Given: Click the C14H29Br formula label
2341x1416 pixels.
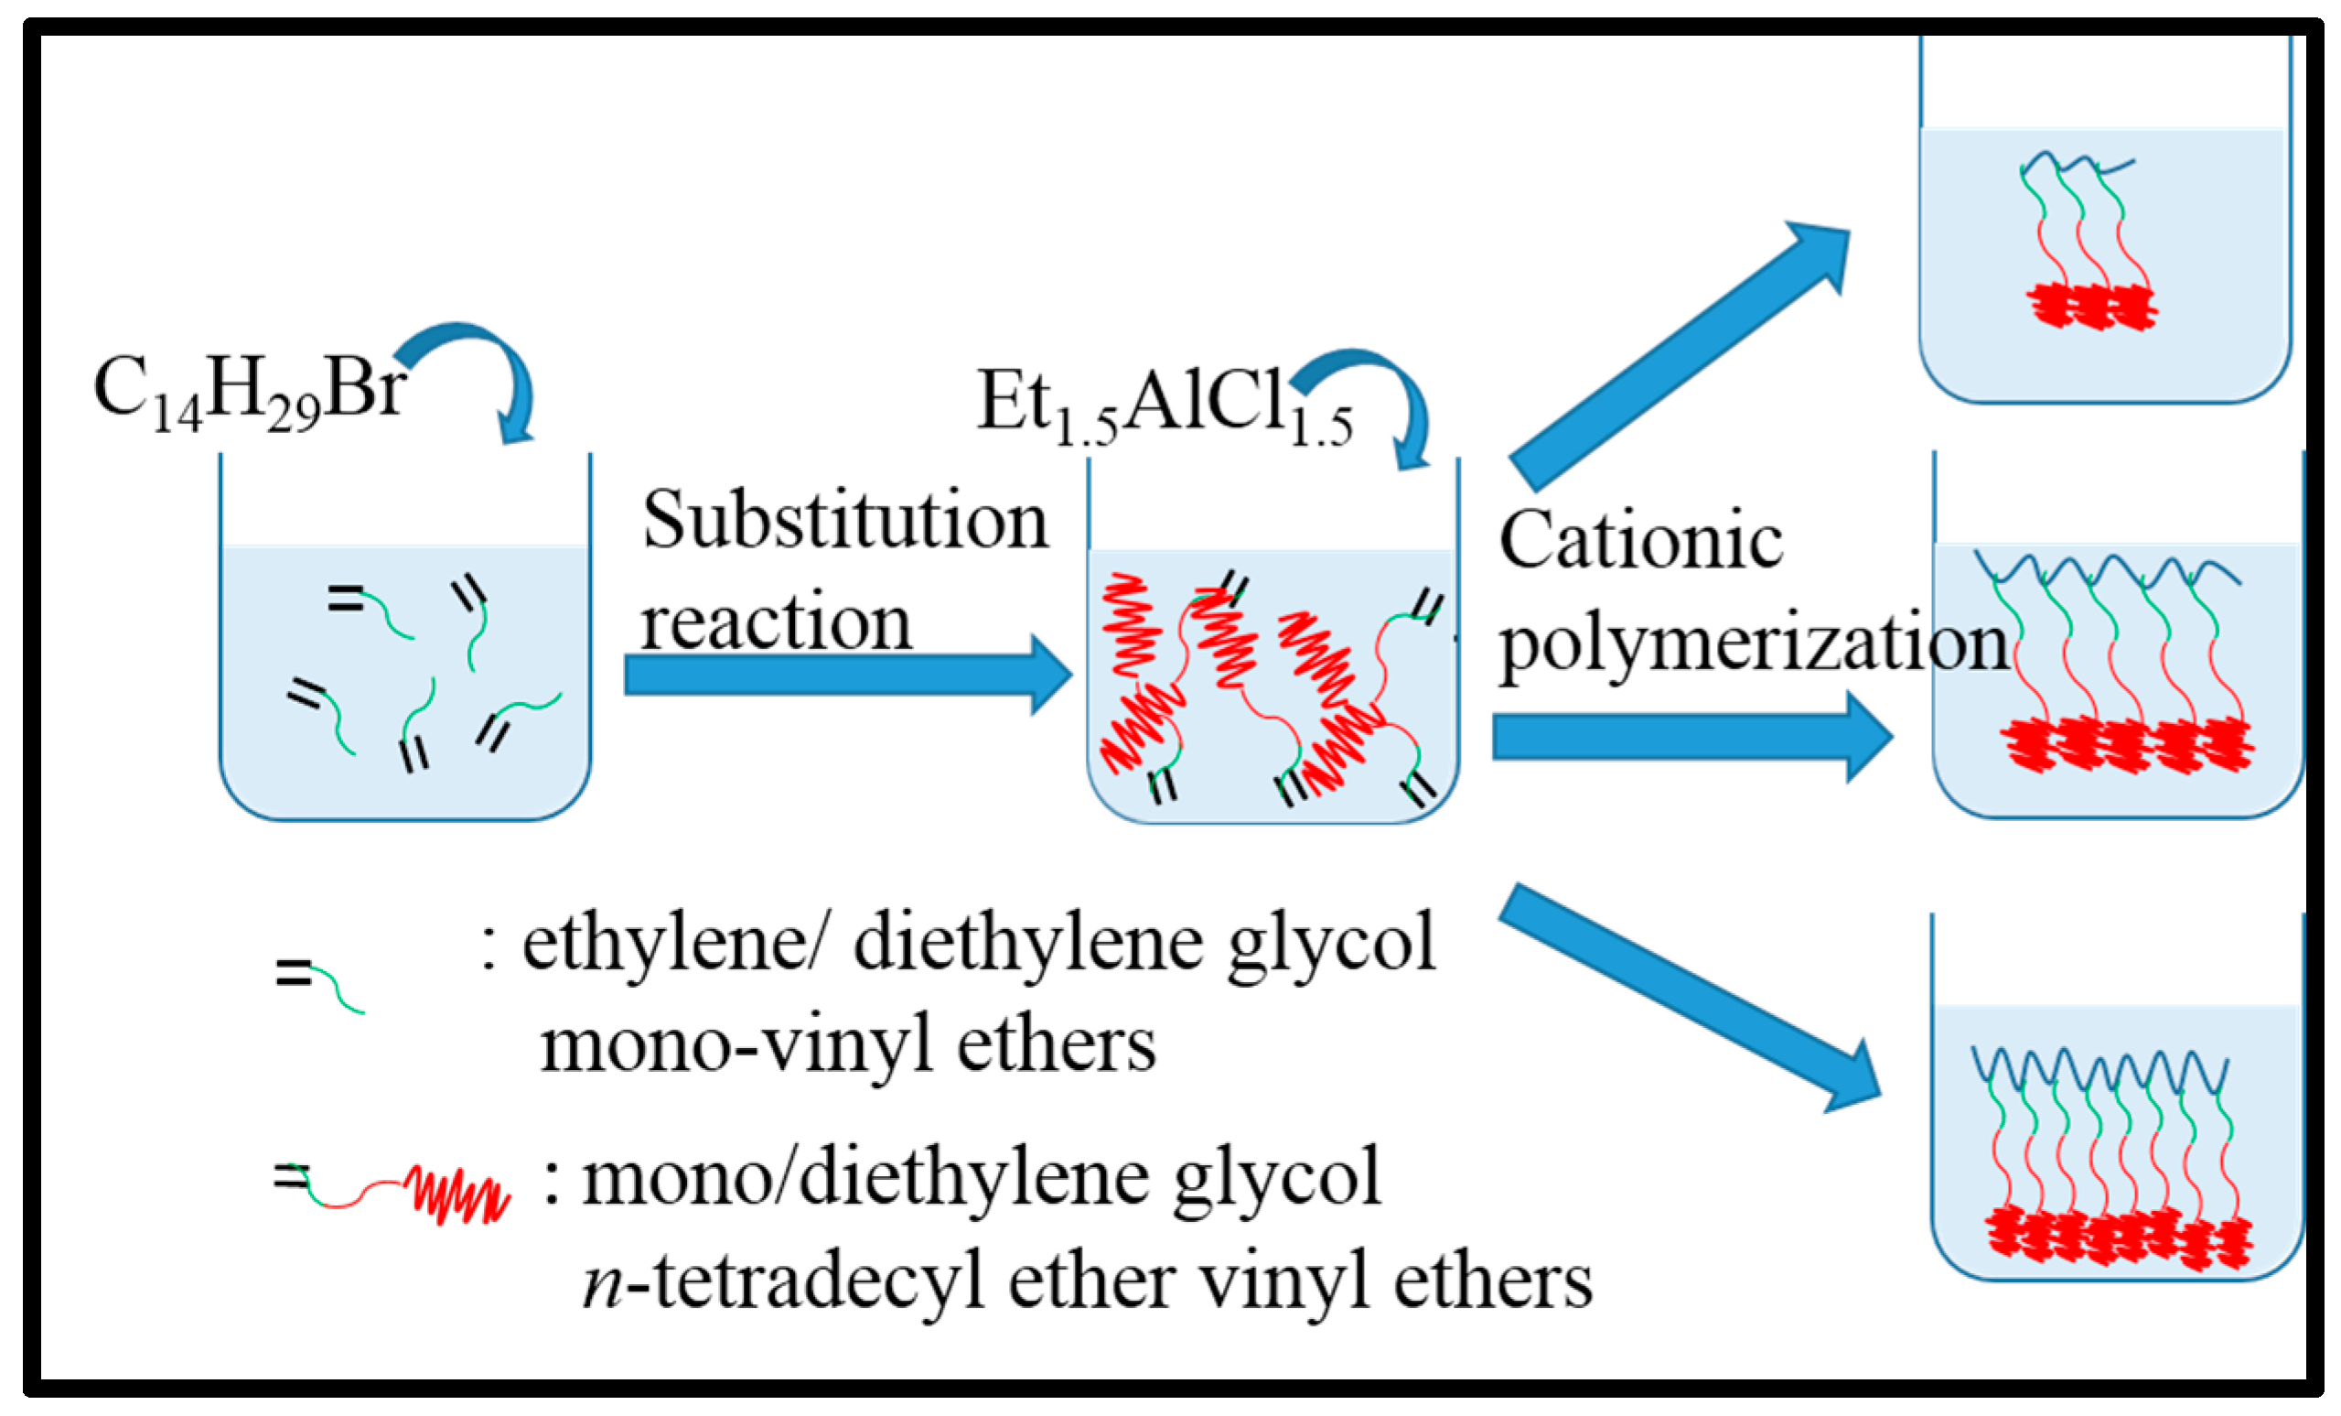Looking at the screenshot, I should coord(249,392).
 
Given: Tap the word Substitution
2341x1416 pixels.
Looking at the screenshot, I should coord(844,521).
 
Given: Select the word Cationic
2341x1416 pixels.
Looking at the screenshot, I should coord(1640,541).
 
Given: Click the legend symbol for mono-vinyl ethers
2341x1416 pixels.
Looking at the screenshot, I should coord(319,985).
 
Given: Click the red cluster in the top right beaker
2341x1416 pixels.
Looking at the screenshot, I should coord(2090,306).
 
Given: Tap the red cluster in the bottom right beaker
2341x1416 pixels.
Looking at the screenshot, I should coord(2118,1238).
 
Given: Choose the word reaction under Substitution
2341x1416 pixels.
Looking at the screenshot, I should coord(775,623).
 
